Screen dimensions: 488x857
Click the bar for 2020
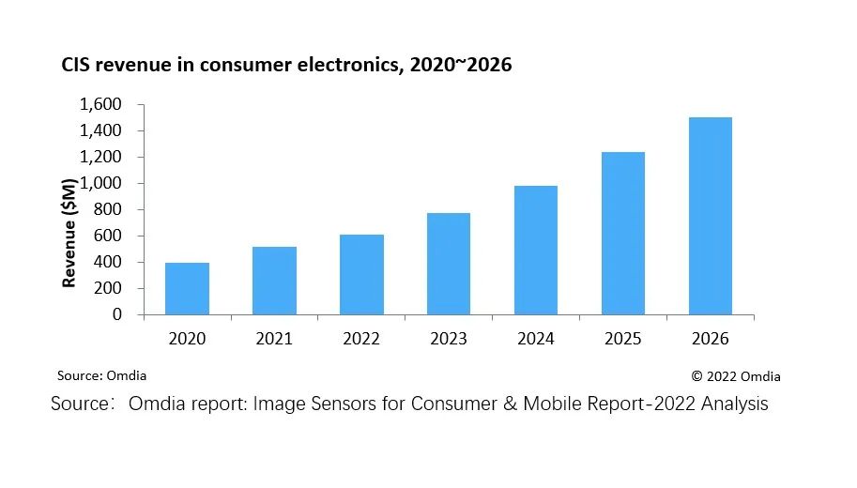[x=187, y=289]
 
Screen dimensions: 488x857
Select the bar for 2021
[x=274, y=282]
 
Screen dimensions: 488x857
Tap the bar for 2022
[x=361, y=275]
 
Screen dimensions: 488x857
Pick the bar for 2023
[x=449, y=265]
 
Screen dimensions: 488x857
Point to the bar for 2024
[x=535, y=251]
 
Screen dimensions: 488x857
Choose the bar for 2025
[x=622, y=234]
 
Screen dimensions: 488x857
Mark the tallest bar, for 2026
[x=711, y=217]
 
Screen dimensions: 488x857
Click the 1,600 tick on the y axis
[x=102, y=104]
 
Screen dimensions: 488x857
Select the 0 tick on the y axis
[x=117, y=314]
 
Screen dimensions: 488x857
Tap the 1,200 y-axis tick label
[x=102, y=157]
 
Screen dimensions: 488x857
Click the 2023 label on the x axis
[x=449, y=339]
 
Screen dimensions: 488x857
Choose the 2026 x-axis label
[x=711, y=339]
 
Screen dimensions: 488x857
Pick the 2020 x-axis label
[x=187, y=339]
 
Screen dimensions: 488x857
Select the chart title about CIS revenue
[x=286, y=66]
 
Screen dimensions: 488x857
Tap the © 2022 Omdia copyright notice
[x=736, y=376]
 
